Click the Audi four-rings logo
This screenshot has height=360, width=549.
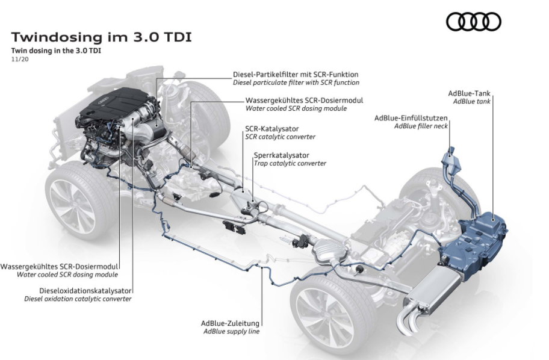(473, 22)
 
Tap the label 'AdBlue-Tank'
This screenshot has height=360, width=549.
(470, 93)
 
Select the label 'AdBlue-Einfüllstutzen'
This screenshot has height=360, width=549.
(411, 118)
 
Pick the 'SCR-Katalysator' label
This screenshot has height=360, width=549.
(271, 129)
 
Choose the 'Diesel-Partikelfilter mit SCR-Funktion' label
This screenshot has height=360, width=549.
(296, 75)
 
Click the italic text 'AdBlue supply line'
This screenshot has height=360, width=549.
(231, 331)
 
